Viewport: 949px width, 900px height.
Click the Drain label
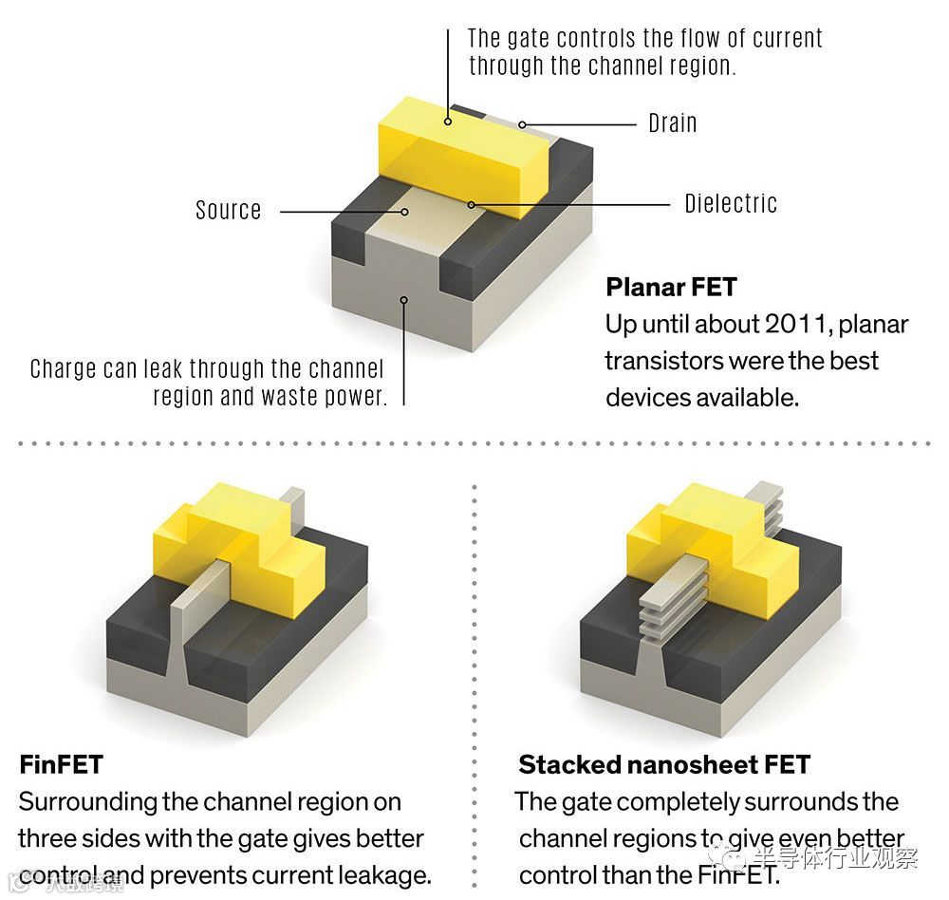coord(672,123)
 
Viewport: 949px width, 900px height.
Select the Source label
coord(228,210)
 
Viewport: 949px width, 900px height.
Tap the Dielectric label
coord(731,203)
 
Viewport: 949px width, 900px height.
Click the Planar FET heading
coord(671,286)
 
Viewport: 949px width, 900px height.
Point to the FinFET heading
coord(61,763)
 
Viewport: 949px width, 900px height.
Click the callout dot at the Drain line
coord(522,124)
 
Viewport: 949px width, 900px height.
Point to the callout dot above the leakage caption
coord(404,299)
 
